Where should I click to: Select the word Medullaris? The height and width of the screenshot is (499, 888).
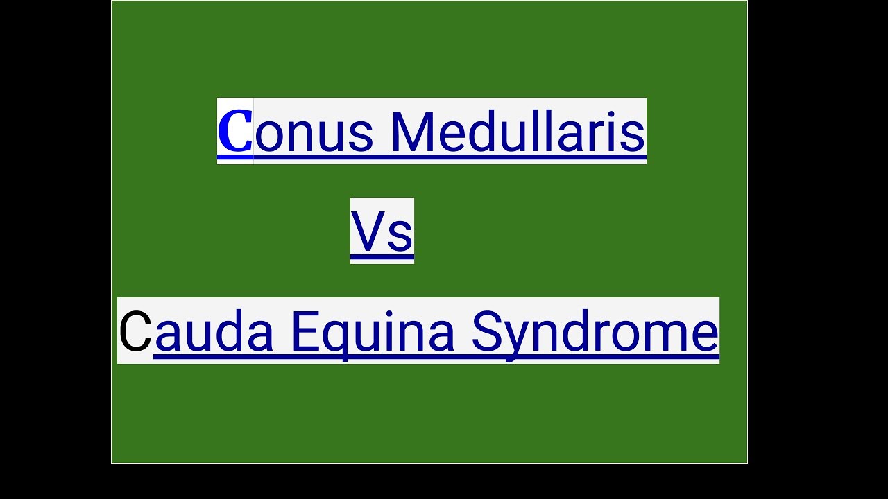coord(518,132)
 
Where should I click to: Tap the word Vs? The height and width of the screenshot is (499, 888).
coord(382,231)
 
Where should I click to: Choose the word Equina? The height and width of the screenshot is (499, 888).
coord(372,331)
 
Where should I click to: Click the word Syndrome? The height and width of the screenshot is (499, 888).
coord(595,331)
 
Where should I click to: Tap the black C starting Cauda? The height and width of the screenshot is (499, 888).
coord(135,331)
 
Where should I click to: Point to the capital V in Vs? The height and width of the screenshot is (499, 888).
coord(368,231)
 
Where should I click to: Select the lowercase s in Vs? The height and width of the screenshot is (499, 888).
coord(400,236)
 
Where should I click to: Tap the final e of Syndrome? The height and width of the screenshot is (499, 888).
coord(703,335)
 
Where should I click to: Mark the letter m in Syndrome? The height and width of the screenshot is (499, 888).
coord(665,335)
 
